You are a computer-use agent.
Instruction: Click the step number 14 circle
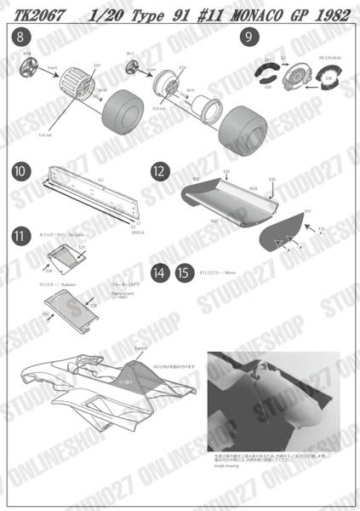point(159,273)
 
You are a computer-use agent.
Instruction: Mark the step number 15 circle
point(182,273)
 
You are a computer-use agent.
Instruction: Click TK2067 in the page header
point(33,12)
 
